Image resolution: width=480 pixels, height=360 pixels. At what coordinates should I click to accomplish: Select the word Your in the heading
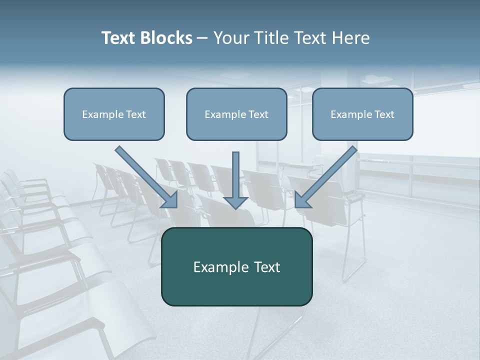[x=231, y=38]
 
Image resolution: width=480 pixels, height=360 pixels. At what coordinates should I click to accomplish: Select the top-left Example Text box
[x=114, y=114]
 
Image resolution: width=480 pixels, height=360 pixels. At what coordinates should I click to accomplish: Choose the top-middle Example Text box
[x=236, y=114]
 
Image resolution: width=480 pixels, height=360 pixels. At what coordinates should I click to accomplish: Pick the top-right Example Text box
[x=362, y=114]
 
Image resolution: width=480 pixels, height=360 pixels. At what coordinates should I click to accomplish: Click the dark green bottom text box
[x=236, y=266]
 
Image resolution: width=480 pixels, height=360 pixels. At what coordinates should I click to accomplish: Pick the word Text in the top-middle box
[x=258, y=114]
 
